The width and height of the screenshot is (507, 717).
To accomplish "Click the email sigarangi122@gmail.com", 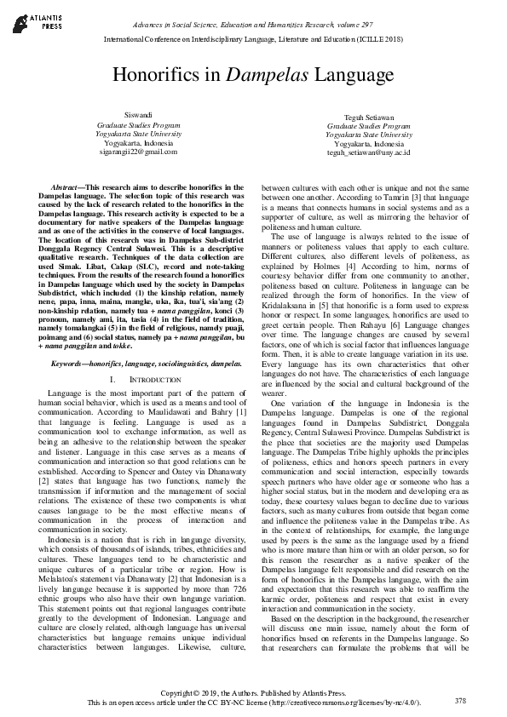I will pyautogui.click(x=137, y=152).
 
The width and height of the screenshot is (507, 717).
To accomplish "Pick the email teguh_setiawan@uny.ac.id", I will pyautogui.click(x=368, y=152).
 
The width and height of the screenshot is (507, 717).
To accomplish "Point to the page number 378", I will pyautogui.click(x=461, y=700).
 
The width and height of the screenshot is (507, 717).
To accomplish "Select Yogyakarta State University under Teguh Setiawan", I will pyautogui.click(x=368, y=135).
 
